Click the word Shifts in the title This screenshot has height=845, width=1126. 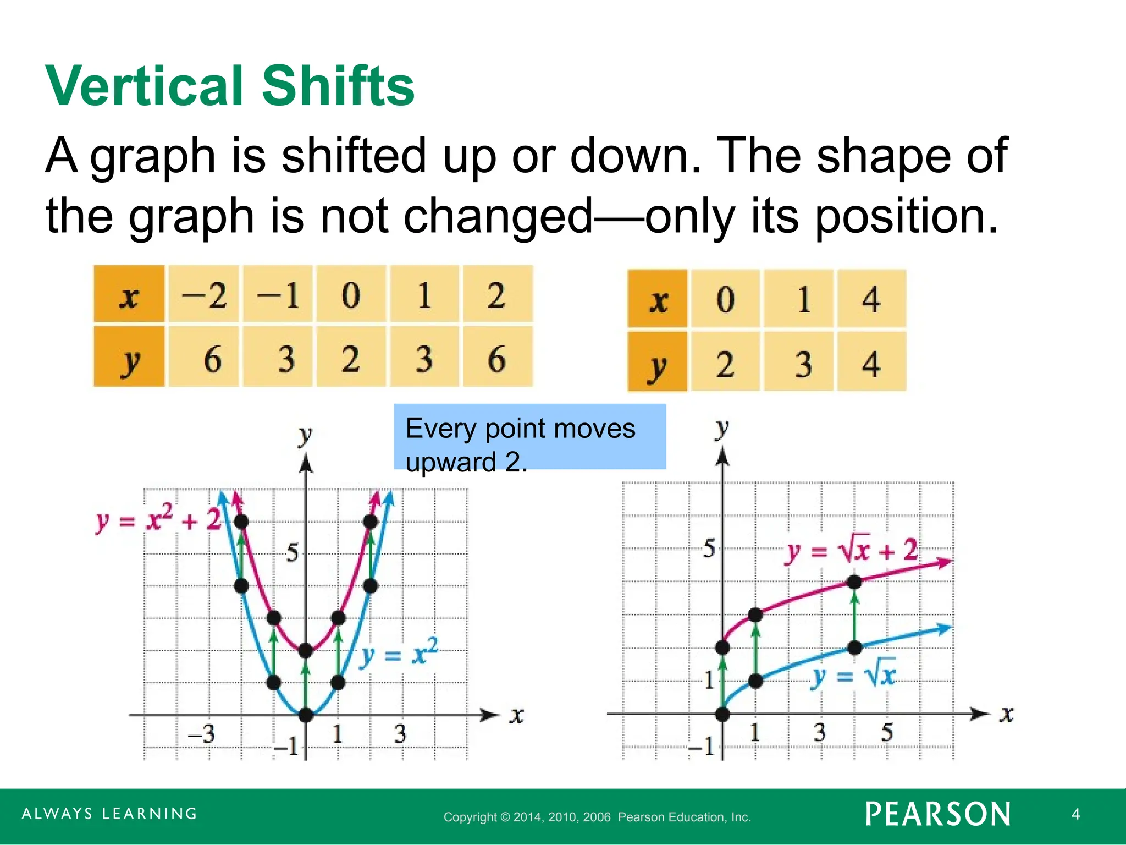[338, 86]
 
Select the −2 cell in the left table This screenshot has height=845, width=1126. [204, 295]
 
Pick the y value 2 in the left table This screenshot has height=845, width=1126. [351, 359]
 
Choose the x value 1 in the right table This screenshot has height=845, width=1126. [803, 300]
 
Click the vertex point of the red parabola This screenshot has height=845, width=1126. [306, 651]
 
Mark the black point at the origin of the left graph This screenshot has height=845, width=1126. [306, 715]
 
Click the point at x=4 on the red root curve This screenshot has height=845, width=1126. [854, 582]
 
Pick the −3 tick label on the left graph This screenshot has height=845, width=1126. [201, 734]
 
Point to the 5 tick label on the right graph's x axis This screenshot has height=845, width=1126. [886, 732]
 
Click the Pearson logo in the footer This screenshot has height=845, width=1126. [937, 814]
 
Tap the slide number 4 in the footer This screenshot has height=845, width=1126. [1075, 814]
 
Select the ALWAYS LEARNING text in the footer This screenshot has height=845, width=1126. [109, 814]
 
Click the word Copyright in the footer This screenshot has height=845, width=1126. [470, 817]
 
